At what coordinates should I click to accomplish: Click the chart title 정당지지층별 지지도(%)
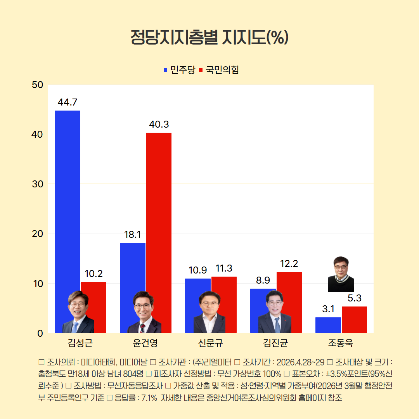(209, 37)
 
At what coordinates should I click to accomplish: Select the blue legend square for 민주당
(166, 70)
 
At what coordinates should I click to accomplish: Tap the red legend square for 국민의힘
(201, 70)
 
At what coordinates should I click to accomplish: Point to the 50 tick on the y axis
(37, 85)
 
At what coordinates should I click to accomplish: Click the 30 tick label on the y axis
(37, 184)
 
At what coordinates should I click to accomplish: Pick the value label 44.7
(67, 102)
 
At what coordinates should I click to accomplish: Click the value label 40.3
(159, 125)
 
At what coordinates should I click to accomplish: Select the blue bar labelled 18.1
(132, 268)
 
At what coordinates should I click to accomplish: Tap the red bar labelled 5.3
(354, 319)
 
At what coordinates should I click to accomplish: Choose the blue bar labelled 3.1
(328, 325)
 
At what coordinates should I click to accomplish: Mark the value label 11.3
(224, 268)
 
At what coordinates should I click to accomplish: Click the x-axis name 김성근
(80, 343)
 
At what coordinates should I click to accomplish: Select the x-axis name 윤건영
(145, 343)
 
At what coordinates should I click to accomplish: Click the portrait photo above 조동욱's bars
(341, 274)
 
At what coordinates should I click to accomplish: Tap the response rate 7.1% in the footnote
(149, 398)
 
